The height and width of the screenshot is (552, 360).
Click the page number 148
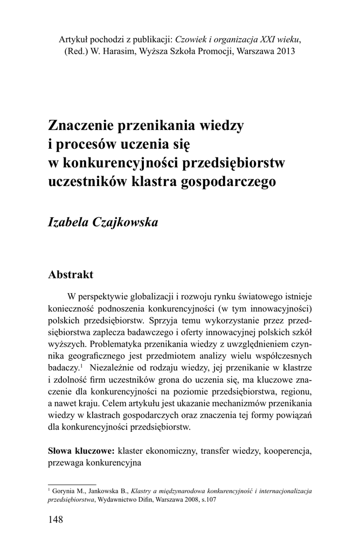(56, 520)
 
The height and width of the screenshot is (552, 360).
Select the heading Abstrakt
(71, 274)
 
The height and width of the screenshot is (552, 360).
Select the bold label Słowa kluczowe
(81, 450)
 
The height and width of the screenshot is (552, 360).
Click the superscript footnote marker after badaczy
(81, 365)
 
